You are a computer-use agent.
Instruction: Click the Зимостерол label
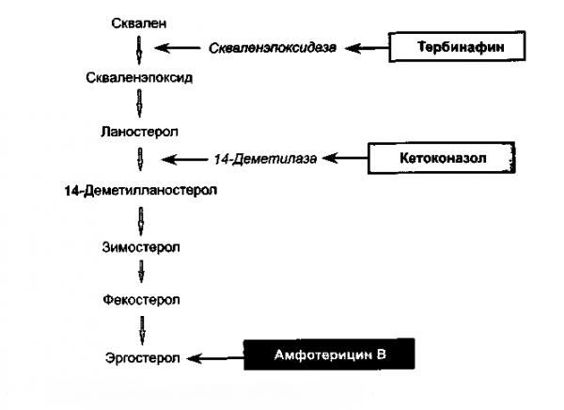pos(142,246)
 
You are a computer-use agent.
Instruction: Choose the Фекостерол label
pos(142,301)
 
